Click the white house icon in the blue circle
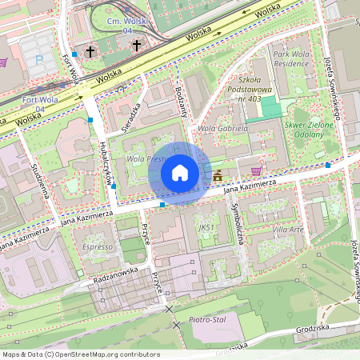point(180,173)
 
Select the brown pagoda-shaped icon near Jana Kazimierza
point(218,174)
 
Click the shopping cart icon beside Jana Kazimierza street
point(256,170)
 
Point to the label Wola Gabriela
point(222,127)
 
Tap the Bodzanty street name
point(180,103)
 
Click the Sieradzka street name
point(130,116)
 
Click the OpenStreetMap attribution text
point(80,354)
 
